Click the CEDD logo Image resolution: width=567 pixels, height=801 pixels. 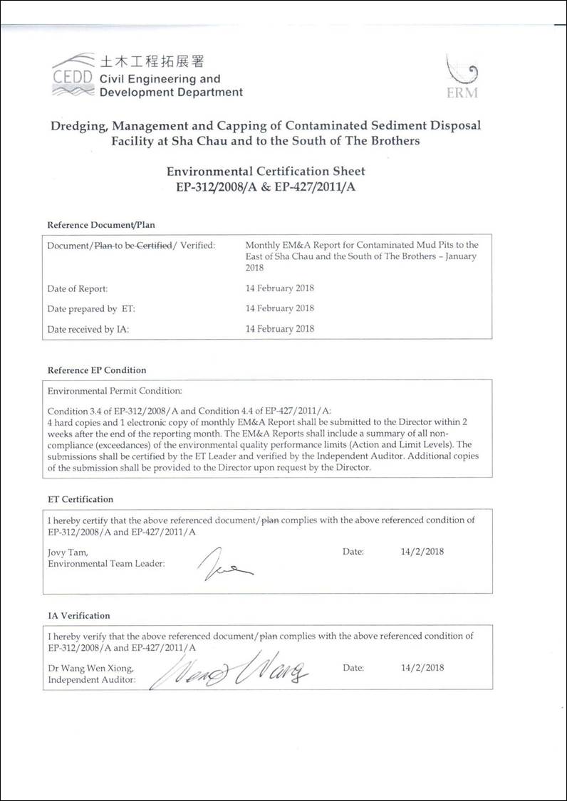(74, 75)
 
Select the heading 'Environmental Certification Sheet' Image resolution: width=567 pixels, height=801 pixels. (266, 172)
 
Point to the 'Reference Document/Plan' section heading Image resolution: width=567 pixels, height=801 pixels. (101, 225)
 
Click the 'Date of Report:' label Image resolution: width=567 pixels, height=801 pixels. (78, 289)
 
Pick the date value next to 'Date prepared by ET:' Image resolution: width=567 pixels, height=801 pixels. (279, 308)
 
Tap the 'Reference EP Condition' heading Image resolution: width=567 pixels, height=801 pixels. (97, 370)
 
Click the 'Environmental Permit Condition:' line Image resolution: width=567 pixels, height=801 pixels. (115, 391)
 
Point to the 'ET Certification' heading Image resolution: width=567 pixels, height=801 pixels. (80, 499)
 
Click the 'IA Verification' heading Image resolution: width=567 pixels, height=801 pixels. (79, 615)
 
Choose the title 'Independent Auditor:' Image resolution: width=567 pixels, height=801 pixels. (92, 680)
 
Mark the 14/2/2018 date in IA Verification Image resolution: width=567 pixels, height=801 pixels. (423, 667)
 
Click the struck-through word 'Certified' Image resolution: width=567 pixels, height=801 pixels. (152, 246)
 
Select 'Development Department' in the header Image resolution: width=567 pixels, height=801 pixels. (171, 92)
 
